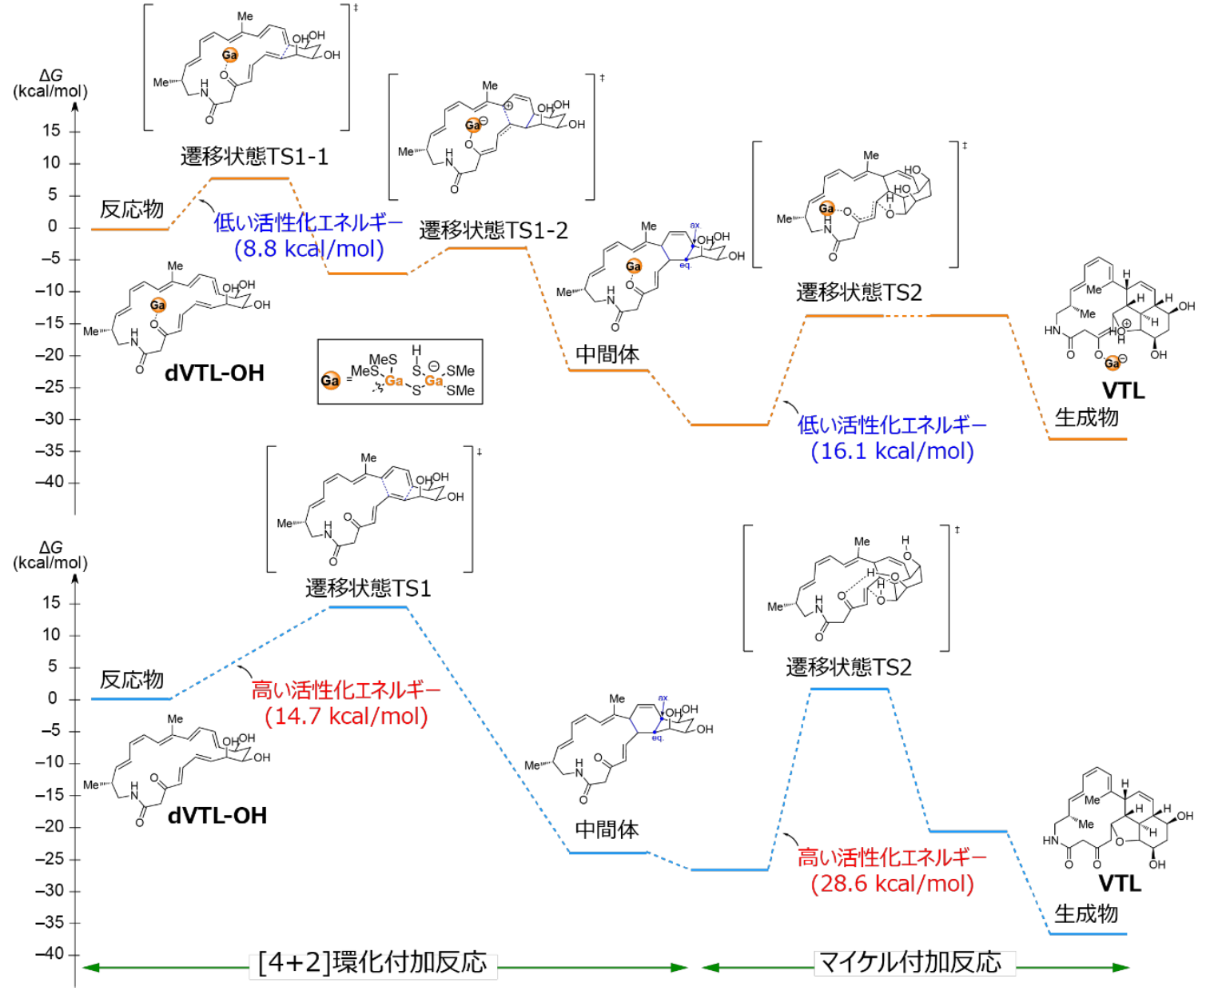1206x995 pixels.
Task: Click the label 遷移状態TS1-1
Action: tap(254, 156)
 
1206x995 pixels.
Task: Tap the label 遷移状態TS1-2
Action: tap(493, 230)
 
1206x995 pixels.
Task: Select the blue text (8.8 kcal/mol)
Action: tap(308, 249)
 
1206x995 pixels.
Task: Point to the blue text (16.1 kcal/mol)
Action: tap(892, 451)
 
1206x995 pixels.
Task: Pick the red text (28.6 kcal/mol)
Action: tap(892, 884)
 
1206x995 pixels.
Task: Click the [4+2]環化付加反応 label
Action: tap(372, 962)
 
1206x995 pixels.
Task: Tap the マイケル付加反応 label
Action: tap(910, 962)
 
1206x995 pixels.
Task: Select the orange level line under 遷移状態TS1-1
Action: tap(249, 178)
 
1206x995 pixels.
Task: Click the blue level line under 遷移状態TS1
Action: tap(368, 607)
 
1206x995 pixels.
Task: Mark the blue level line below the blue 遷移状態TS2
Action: tap(849, 689)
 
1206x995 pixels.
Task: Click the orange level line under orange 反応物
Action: tap(129, 230)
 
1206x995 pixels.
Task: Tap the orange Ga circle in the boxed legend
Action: tap(330, 381)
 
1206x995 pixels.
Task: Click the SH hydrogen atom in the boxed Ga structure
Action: tap(416, 350)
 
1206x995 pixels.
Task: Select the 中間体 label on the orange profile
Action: tap(607, 354)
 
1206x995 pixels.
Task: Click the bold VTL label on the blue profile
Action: tap(1119, 884)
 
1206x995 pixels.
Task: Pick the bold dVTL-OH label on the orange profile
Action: tap(214, 373)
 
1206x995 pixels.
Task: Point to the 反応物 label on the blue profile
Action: tap(131, 680)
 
